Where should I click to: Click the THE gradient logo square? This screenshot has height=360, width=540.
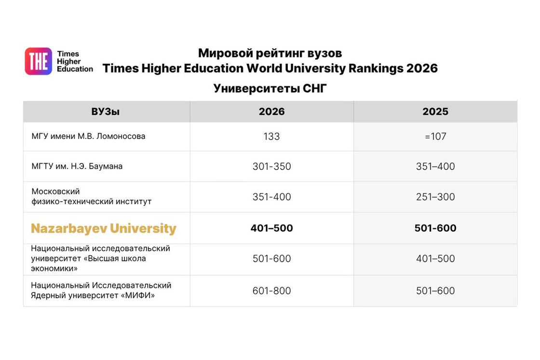coord(38,61)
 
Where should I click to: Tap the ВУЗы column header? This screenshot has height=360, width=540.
coord(106,112)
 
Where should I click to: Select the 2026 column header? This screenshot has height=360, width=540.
coord(272,112)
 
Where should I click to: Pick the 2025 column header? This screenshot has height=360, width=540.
coord(435,112)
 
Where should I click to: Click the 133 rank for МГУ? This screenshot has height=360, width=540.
coord(272,137)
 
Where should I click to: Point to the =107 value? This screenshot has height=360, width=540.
coord(435,137)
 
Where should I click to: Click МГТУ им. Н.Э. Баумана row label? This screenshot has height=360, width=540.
coord(77,166)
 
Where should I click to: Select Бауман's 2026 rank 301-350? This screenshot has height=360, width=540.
coord(272,166)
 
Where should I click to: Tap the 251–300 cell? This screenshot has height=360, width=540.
coord(435,197)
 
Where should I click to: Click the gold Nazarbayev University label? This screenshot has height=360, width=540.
coord(103,229)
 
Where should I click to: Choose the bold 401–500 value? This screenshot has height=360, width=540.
coord(272,228)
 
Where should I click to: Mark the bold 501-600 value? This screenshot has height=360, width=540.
coord(435,228)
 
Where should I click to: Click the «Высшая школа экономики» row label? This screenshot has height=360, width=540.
coord(100,258)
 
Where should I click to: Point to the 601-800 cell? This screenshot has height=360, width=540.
coord(272,291)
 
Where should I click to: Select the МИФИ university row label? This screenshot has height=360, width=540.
coord(101,291)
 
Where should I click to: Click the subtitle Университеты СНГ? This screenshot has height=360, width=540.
coord(270,89)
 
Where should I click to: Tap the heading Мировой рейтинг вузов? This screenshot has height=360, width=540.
coord(270,53)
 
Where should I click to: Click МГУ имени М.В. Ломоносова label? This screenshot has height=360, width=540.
coord(88,136)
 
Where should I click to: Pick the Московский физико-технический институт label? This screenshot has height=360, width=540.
coord(91,196)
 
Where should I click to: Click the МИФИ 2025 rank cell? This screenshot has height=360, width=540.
coord(435,291)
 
